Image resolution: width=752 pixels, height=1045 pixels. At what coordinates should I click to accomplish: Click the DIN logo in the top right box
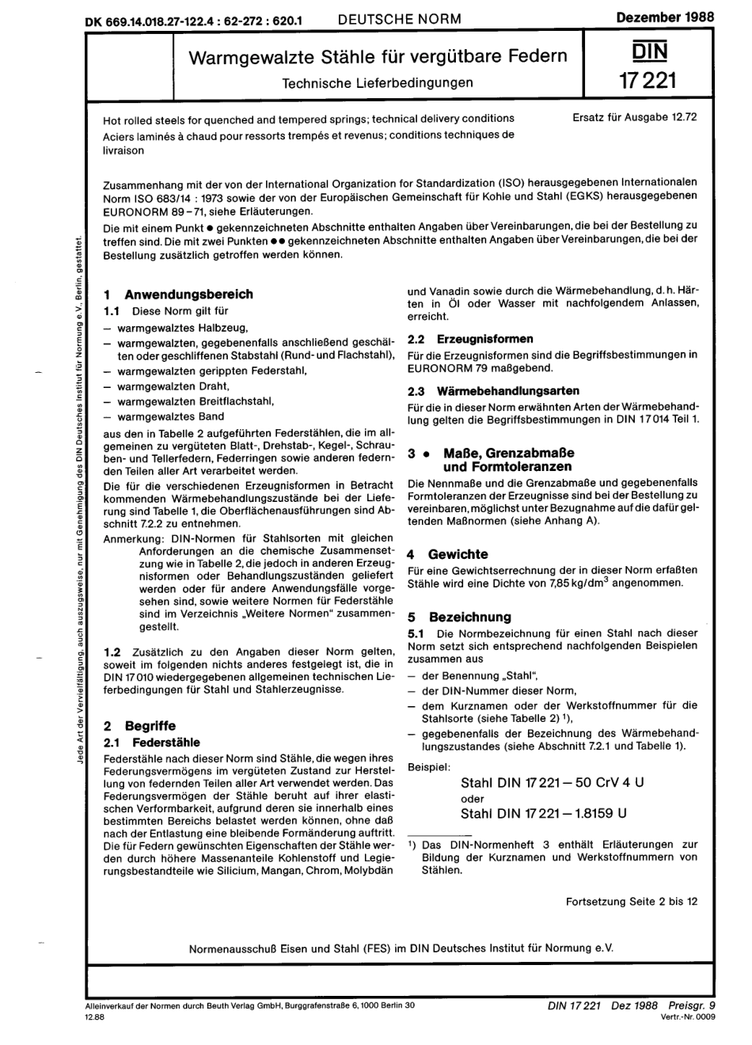pos(649,52)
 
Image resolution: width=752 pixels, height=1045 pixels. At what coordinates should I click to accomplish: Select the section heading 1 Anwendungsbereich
pos(179,294)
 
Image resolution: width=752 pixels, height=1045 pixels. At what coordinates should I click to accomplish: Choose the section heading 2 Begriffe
pos(140,725)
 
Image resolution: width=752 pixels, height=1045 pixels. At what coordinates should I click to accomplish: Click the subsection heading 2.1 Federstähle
pos(152,743)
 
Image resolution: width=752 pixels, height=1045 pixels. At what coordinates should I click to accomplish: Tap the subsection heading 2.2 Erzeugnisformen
pos(470,339)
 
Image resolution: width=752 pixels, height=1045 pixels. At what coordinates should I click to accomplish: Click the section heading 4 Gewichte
pos(448,554)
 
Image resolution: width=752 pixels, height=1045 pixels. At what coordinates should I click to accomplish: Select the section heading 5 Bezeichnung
pos(459,617)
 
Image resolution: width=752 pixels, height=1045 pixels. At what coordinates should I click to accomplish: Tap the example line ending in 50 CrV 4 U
pos(552,782)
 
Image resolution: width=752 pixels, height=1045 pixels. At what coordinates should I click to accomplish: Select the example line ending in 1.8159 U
pos(544,813)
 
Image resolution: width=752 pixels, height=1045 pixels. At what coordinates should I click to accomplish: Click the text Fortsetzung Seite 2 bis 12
pos(632,901)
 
